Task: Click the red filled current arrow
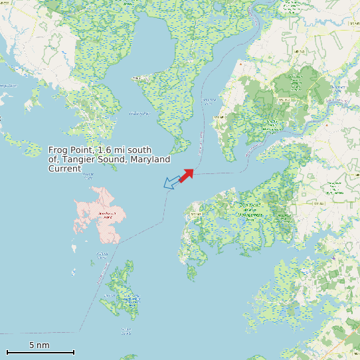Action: [x=187, y=175]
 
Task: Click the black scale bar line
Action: [x=40, y=352]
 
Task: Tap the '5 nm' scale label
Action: [x=39, y=345]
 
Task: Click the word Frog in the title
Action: [x=58, y=150]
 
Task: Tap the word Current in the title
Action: [x=64, y=169]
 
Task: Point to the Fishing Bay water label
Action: [x=139, y=114]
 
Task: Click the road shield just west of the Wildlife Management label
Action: [x=197, y=214]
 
